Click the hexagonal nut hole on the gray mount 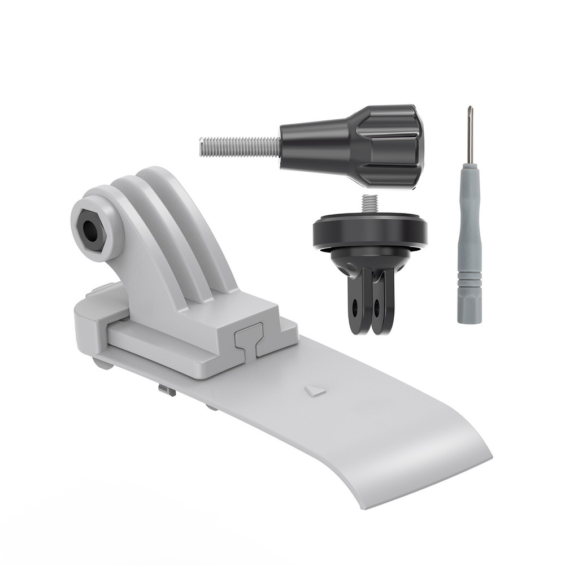click(91, 228)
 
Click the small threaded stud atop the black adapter click(370, 202)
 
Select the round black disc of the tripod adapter click(370, 232)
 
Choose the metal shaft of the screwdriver click(469, 141)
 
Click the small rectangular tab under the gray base click(164, 389)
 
